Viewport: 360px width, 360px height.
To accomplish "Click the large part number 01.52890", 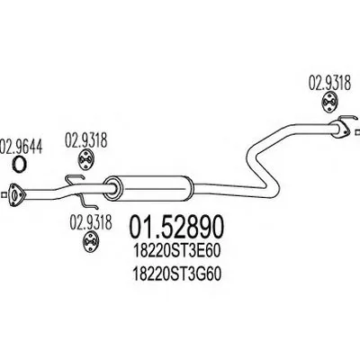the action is click(176, 227).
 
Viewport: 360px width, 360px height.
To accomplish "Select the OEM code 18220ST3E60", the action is click(176, 252).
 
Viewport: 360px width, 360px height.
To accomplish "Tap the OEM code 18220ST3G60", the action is click(176, 274).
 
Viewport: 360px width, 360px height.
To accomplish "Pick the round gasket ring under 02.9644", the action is click(20, 164).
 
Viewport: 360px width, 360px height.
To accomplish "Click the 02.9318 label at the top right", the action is click(329, 83).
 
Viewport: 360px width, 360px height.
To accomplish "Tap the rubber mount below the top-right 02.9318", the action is click(329, 103).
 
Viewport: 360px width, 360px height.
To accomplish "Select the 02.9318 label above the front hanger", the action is click(86, 141).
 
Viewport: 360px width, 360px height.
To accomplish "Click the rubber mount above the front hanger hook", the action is click(86, 160).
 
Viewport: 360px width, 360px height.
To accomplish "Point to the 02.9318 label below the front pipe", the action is click(91, 223).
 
